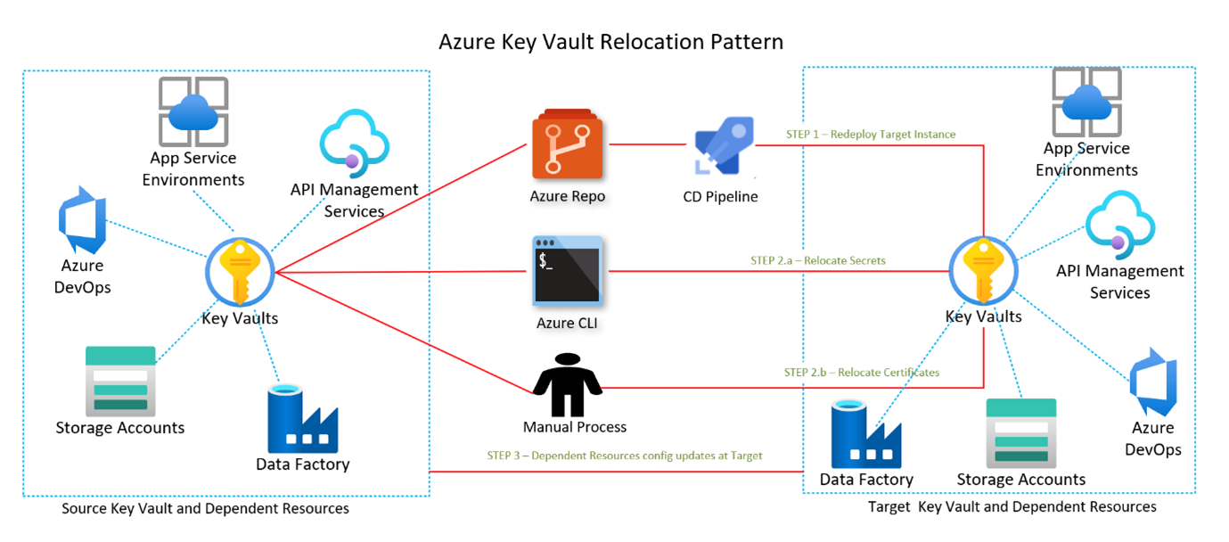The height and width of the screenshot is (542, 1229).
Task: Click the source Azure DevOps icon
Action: tap(81, 220)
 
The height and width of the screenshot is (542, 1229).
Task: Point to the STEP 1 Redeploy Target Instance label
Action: tap(870, 135)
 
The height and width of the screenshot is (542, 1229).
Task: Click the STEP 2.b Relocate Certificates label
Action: tap(861, 372)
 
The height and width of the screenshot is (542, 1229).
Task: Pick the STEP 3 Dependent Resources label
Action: tap(624, 456)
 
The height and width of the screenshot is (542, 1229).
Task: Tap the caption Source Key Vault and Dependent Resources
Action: tap(205, 509)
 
